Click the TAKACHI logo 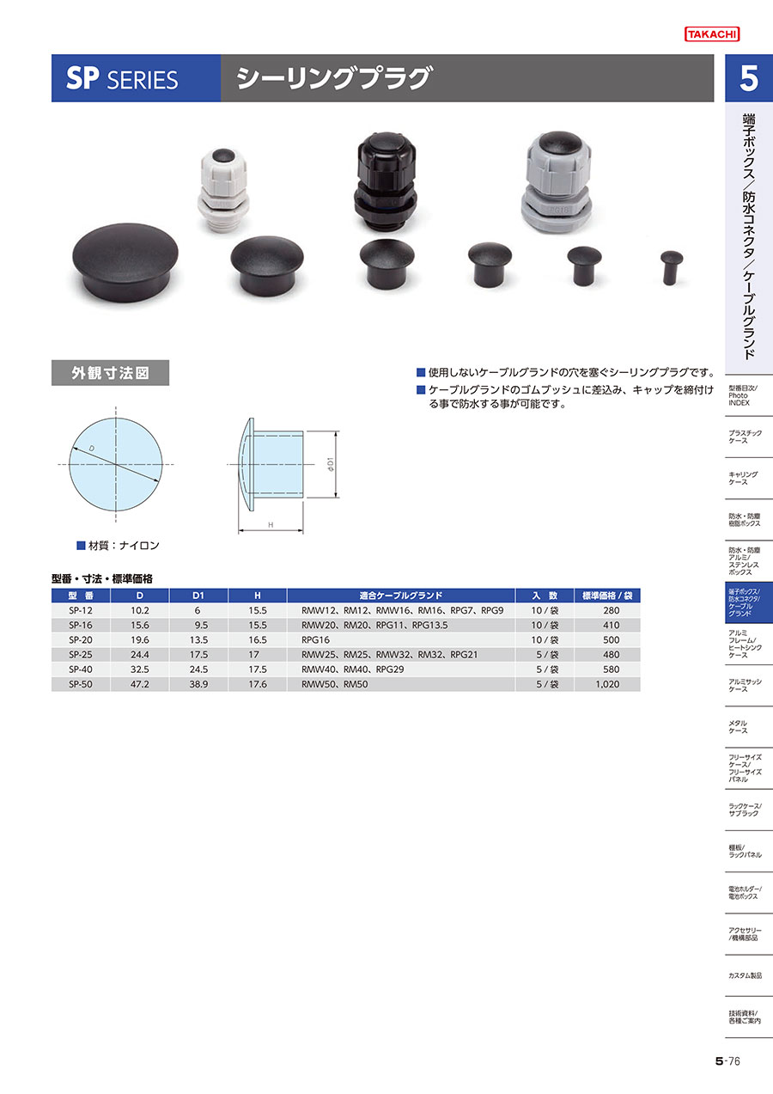[712, 34]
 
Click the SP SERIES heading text [122, 78]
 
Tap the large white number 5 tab [749, 78]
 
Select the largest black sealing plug [125, 263]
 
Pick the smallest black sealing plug [672, 267]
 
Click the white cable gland [223, 191]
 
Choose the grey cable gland [557, 183]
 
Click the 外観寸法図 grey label [110, 373]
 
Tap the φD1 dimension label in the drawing [331, 464]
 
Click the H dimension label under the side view [271, 525]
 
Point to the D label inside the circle [92, 449]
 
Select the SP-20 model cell [81, 639]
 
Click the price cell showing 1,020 [607, 684]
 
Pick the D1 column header [198, 596]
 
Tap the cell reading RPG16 [316, 639]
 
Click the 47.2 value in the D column [139, 684]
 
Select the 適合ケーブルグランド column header [400, 596]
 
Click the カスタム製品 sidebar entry [745, 975]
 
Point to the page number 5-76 [727, 1061]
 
